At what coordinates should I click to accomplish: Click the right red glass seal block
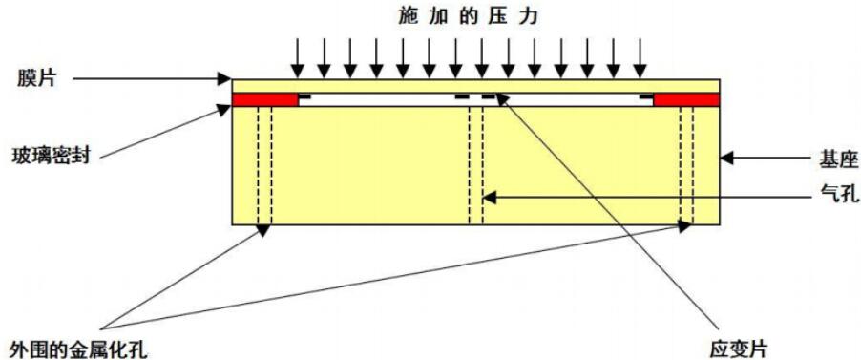(x=686, y=99)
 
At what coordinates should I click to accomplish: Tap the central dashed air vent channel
(x=475, y=162)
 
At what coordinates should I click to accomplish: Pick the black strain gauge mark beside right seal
(x=646, y=96)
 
